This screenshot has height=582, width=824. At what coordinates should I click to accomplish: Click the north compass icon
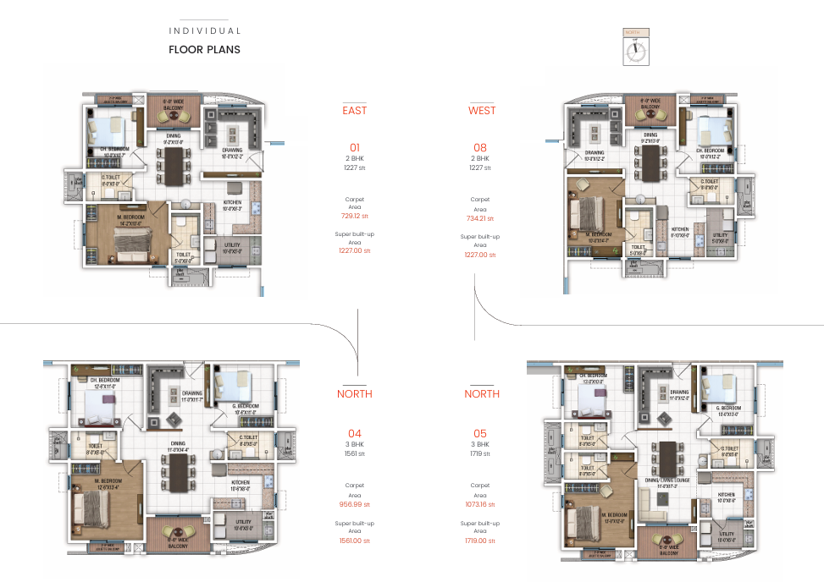coord(635,47)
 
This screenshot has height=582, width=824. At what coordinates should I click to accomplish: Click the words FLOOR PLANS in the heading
coord(204,49)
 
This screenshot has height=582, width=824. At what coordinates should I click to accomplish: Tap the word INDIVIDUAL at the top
coord(205,31)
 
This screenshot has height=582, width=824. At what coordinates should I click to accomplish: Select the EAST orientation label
coord(354,111)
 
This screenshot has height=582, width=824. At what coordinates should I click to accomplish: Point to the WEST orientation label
coord(482,111)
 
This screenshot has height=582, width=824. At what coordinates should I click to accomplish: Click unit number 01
coord(354,147)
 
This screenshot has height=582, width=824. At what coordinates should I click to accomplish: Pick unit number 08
coord(480,147)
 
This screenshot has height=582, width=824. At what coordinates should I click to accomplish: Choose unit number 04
coord(354,433)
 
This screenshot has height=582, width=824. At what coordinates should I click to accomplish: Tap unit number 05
coord(480,433)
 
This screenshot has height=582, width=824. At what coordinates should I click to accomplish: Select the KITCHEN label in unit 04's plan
coord(241,483)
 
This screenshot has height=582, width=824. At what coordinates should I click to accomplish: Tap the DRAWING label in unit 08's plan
coord(594,153)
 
